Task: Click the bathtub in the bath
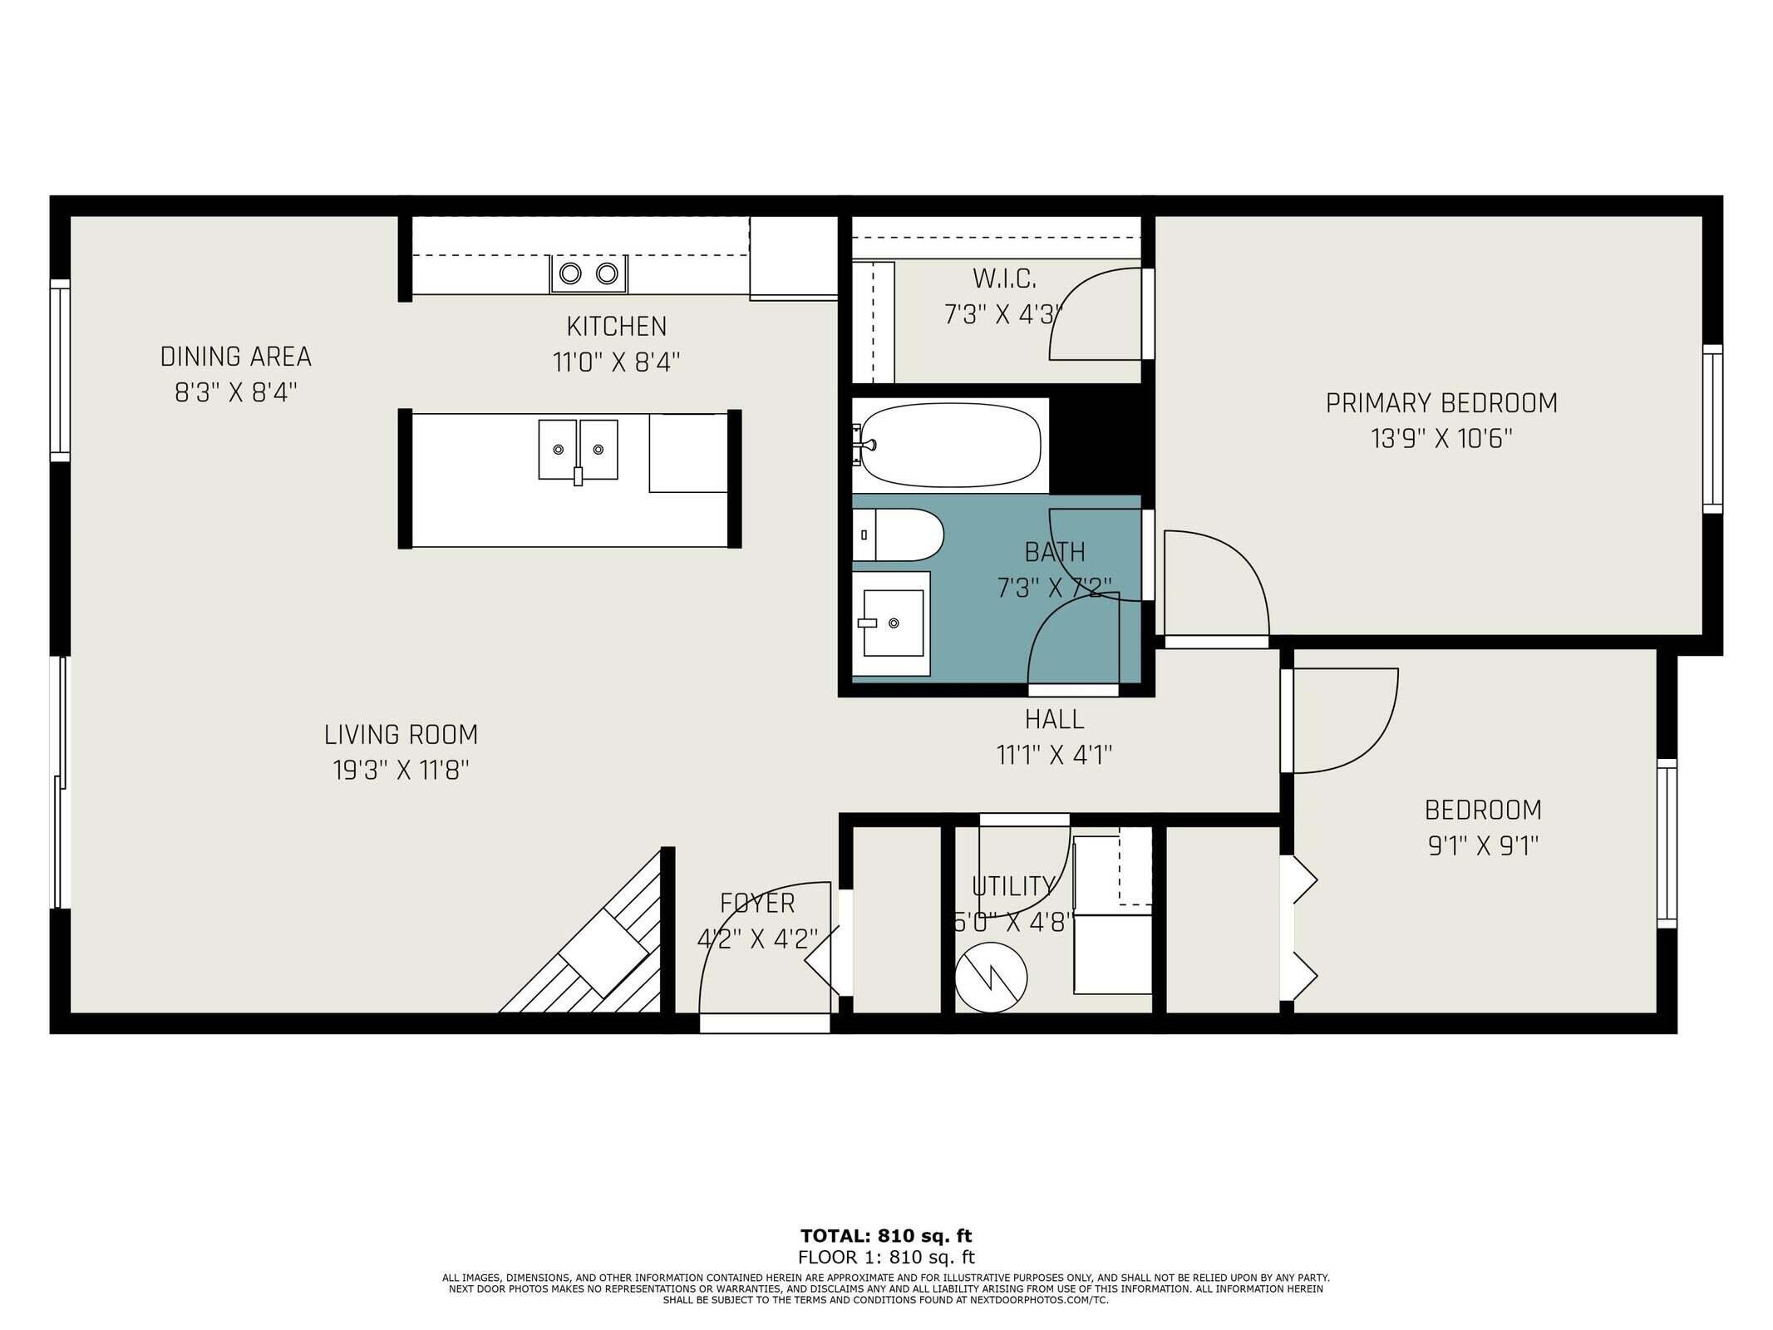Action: click(949, 445)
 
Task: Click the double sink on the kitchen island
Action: click(578, 450)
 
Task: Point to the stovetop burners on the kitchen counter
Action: click(588, 273)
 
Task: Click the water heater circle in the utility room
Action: click(991, 978)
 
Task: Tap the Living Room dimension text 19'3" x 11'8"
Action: click(401, 771)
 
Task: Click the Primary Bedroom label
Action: click(1441, 403)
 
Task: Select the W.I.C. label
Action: click(1004, 278)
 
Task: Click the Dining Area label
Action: click(235, 357)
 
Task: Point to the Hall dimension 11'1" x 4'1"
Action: click(1054, 755)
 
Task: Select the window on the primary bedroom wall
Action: click(1712, 428)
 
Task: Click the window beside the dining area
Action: click(60, 370)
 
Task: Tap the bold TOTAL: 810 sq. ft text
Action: click(886, 1236)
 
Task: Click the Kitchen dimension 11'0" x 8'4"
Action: click(616, 362)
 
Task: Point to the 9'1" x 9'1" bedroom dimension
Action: click(1483, 846)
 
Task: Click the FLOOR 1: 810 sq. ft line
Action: click(886, 1258)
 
